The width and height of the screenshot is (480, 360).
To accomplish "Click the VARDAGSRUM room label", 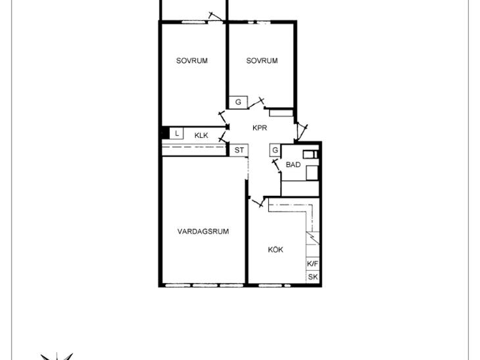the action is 203,231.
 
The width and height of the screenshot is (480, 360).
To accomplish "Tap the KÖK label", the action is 276,250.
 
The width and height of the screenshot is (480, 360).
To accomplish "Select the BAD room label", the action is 293,164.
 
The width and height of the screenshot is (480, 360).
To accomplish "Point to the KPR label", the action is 260,128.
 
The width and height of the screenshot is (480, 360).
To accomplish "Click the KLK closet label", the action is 201,135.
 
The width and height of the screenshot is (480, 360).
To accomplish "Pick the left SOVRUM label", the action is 191,60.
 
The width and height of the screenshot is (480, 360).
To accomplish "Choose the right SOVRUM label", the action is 262,60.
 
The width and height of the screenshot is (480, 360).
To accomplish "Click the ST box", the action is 239,150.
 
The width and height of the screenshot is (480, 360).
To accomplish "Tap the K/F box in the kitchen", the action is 312,263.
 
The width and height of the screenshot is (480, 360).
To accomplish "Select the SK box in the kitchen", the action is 312,277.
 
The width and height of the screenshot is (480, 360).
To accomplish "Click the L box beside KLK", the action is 176,133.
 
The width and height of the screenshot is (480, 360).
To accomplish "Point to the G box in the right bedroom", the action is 238,102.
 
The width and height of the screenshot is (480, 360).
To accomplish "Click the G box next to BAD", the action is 275,150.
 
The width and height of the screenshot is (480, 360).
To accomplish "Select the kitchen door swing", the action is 257,202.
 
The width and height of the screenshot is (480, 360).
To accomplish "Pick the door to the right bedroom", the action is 256,103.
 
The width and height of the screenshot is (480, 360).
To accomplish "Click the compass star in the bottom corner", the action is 57,356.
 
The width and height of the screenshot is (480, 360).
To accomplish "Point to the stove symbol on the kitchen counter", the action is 312,238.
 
